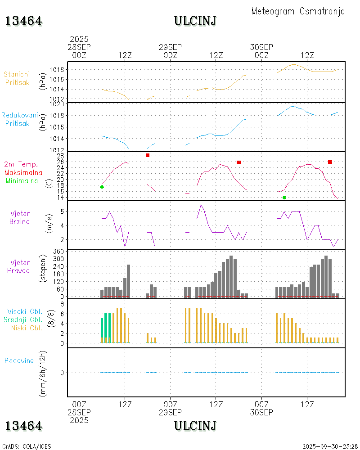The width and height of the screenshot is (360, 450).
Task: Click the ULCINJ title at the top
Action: tap(195, 21)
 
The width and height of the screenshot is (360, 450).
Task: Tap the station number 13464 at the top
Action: tap(23, 21)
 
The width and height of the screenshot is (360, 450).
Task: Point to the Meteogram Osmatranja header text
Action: tap(298, 11)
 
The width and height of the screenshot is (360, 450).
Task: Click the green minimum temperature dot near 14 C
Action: tap(284, 198)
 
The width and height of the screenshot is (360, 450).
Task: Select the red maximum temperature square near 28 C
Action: tap(148, 155)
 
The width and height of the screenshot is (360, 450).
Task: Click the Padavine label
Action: tap(19, 360)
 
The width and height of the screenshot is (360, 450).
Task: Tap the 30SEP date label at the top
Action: tap(261, 47)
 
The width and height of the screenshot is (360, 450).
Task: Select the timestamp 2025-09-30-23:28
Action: tap(330, 446)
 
